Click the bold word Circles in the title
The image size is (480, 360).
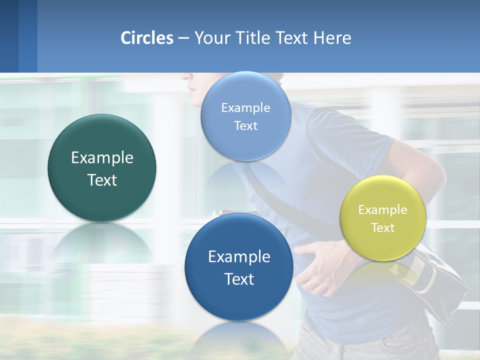(147, 38)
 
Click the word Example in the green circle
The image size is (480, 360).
(102, 158)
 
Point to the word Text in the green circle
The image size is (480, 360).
(102, 180)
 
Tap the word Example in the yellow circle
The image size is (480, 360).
(383, 210)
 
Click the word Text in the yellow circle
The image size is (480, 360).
(383, 228)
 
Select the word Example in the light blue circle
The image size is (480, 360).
(245, 107)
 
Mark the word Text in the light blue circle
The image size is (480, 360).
(245, 126)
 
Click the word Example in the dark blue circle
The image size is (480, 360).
(239, 257)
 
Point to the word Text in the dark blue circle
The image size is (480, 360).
(239, 279)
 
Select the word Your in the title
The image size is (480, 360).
(210, 38)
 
